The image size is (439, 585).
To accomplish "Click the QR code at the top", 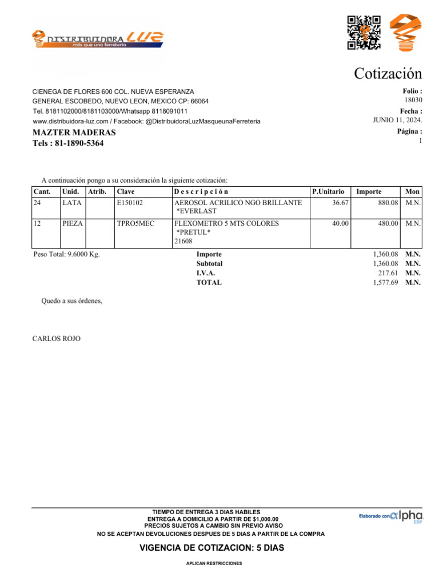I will (364, 31).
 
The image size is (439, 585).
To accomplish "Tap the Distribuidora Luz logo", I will (98, 39).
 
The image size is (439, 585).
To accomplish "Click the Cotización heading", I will (388, 74).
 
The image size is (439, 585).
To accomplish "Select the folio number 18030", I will (413, 99).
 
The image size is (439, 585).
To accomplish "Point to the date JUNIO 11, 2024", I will (397, 119).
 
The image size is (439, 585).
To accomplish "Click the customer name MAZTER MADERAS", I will (74, 133).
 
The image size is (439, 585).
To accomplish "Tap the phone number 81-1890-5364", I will (68, 143).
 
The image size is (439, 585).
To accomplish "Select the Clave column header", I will (125, 192).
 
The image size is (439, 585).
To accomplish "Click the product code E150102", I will (130, 203).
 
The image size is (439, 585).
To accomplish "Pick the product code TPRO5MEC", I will (135, 224).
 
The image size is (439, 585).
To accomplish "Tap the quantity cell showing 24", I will (38, 203).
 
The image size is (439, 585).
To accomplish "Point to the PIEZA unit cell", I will (73, 224).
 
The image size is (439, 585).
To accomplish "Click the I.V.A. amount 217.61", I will (388, 273).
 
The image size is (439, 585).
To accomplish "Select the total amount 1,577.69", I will (385, 282).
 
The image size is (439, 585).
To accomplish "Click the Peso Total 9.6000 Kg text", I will (67, 254).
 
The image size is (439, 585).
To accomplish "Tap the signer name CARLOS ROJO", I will (56, 339).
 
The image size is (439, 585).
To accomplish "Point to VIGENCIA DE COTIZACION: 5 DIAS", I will (211, 548).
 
